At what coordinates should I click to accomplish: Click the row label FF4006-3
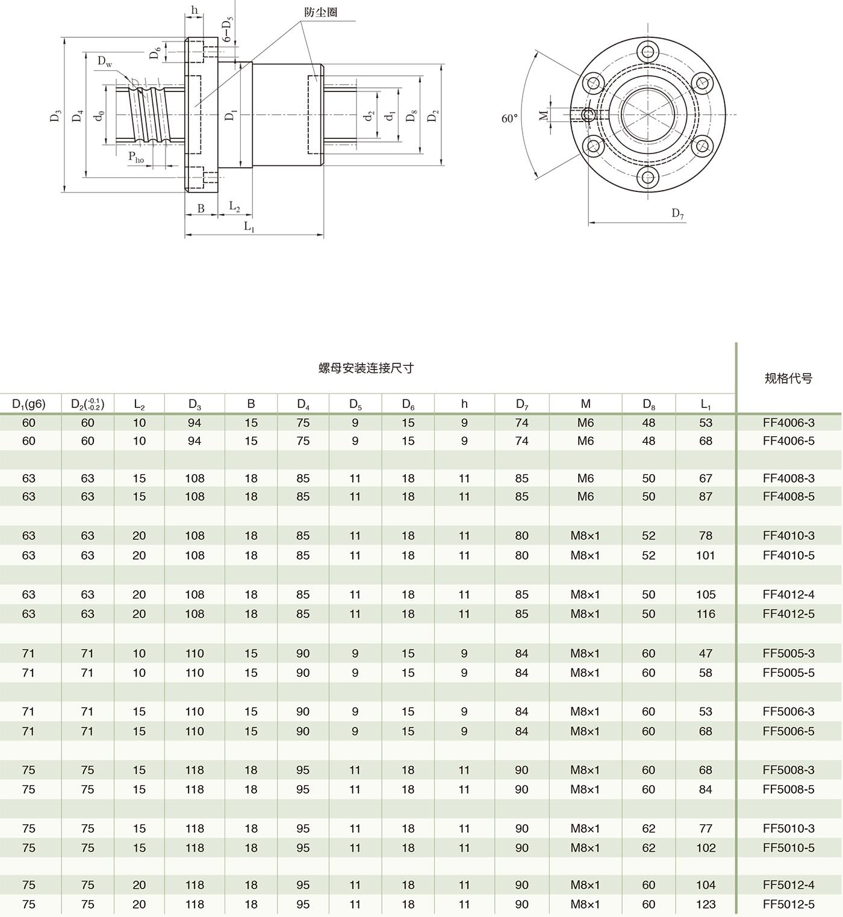[788, 423]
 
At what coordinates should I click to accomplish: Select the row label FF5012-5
[788, 904]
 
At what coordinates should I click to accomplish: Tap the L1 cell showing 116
[706, 614]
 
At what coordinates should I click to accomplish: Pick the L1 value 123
[706, 904]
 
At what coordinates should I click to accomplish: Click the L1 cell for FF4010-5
[706, 555]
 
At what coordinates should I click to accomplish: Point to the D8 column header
[649, 404]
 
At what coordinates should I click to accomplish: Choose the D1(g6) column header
[29, 404]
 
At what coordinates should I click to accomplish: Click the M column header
[585, 404]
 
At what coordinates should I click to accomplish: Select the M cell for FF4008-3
[585, 478]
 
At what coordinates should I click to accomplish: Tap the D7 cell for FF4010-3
[521, 536]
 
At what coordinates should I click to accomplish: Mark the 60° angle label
[509, 119]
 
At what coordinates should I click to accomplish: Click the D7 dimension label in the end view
[678, 214]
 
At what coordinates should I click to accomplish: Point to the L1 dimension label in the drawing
[249, 227]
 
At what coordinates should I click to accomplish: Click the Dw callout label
[105, 62]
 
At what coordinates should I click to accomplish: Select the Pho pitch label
[136, 158]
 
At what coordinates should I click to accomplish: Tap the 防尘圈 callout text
[320, 12]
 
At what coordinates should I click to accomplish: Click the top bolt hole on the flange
[648, 51]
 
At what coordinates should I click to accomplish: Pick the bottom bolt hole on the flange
[648, 177]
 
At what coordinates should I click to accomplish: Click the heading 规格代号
[788, 378]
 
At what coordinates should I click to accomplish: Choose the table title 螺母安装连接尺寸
[366, 368]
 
